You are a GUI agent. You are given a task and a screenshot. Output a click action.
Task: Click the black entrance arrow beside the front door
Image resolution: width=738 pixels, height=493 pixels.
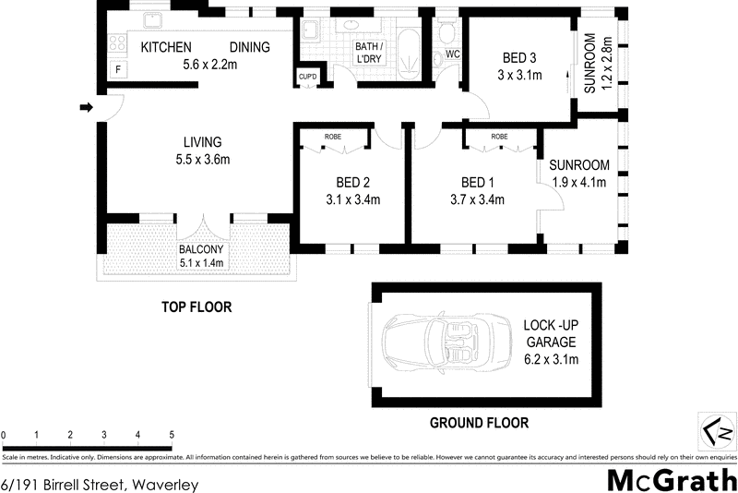(87, 108)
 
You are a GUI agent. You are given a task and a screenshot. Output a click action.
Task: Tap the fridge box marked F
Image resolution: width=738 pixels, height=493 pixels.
(117, 70)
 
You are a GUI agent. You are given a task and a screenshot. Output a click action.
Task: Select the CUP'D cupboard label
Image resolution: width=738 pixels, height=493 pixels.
(307, 77)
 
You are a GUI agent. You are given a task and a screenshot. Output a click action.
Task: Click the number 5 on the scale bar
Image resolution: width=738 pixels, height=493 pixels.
(172, 434)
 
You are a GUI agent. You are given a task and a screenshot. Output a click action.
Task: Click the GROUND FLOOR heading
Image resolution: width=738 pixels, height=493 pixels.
(480, 424)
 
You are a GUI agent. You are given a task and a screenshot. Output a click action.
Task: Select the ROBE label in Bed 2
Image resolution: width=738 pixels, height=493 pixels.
(333, 137)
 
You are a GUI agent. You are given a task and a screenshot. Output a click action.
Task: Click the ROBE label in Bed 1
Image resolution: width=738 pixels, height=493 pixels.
(499, 137)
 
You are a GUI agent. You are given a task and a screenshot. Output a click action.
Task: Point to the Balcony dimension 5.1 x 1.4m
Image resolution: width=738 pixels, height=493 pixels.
(202, 263)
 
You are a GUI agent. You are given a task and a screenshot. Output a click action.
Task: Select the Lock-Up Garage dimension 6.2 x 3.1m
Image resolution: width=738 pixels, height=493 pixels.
(551, 359)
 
